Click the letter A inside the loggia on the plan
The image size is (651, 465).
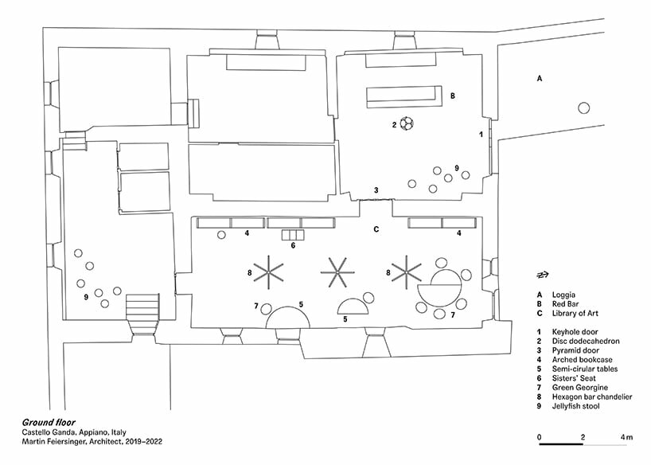[540, 78]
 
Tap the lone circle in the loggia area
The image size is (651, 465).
[585, 108]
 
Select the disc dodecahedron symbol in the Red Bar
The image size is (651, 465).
[407, 124]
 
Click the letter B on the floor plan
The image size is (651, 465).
[452, 96]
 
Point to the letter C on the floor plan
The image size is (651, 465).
[376, 229]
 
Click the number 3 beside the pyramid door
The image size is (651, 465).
[376, 190]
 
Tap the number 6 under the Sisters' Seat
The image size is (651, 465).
[293, 246]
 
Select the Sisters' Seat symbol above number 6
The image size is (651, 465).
[293, 234]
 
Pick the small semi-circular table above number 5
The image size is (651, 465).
[353, 306]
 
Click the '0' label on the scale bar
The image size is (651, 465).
[540, 437]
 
